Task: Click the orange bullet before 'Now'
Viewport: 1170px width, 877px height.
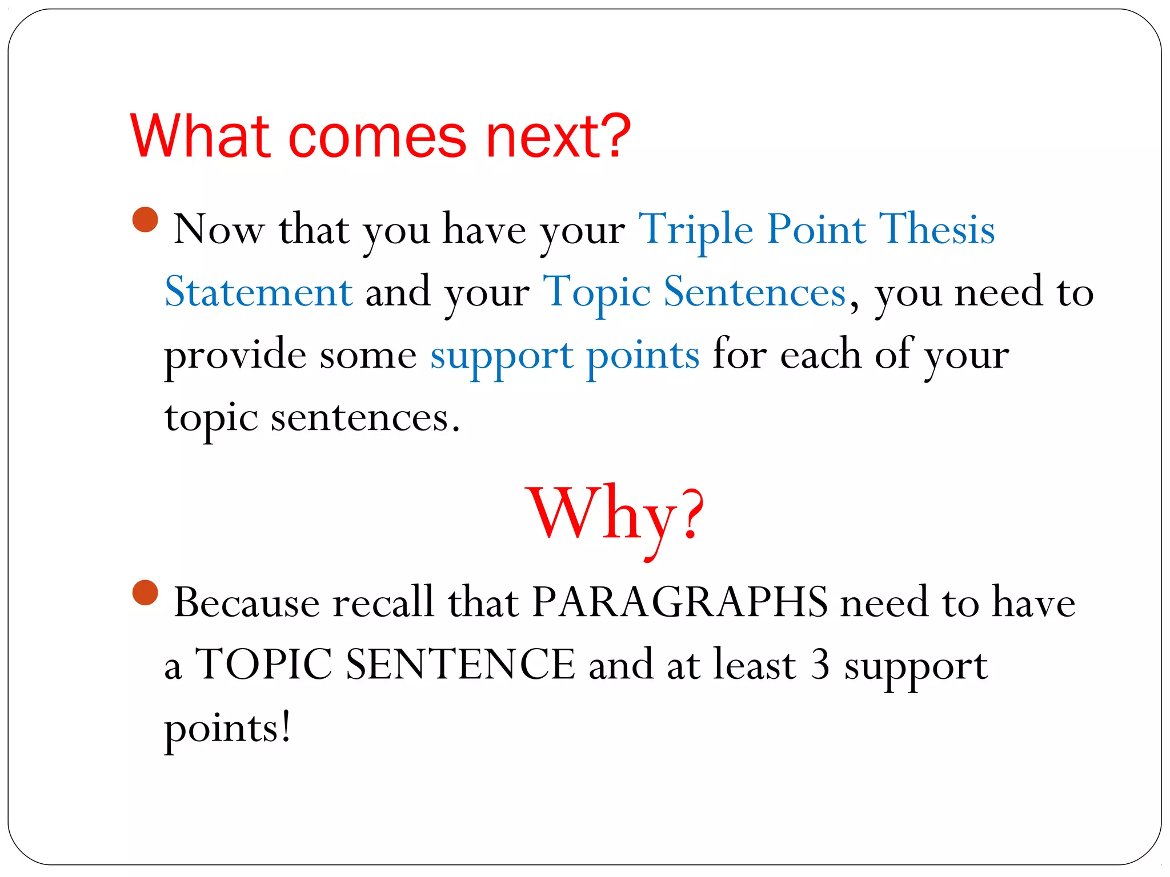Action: pyautogui.click(x=145, y=220)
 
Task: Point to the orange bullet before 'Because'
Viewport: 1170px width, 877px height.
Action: pyautogui.click(x=145, y=593)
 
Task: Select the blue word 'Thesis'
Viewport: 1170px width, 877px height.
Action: pyautogui.click(x=937, y=230)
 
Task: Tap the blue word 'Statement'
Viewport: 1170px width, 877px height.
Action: pyautogui.click(x=259, y=292)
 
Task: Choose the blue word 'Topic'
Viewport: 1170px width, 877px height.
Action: pyautogui.click(x=596, y=293)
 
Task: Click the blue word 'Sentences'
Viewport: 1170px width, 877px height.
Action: pyautogui.click(x=754, y=292)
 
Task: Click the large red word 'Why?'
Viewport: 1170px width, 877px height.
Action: pyautogui.click(x=616, y=514)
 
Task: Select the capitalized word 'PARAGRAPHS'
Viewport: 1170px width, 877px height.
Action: pyautogui.click(x=679, y=602)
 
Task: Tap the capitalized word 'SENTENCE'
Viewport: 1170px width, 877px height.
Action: pyautogui.click(x=460, y=665)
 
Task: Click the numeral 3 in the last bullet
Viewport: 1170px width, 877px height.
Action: pyautogui.click(x=820, y=665)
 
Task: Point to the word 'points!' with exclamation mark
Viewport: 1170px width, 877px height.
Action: pyautogui.click(x=228, y=728)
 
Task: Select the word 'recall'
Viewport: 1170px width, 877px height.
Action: pyautogui.click(x=383, y=602)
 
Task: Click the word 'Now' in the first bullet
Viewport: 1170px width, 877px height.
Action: pyautogui.click(x=219, y=230)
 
